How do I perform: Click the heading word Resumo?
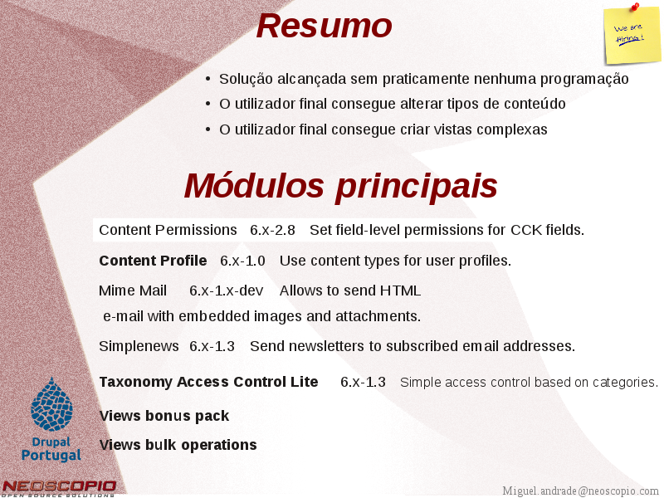[324, 27]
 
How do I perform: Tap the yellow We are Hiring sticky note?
[632, 36]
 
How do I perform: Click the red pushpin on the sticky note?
[635, 7]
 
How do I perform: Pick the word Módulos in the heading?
[254, 185]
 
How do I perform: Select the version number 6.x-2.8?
[272, 230]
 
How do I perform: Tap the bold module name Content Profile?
[153, 261]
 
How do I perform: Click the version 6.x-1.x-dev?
[226, 291]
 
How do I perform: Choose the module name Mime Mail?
[133, 291]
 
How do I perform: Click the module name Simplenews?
[139, 346]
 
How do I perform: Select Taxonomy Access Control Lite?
[208, 382]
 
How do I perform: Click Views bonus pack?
[164, 416]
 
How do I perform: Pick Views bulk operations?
[178, 445]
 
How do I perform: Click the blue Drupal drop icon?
[51, 404]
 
